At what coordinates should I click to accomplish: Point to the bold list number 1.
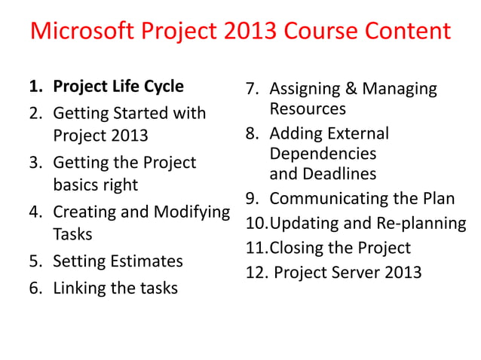tap(35, 87)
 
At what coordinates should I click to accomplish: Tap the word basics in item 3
tap(79, 185)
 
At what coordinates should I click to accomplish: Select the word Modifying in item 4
tap(192, 212)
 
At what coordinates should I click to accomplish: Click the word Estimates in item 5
tap(145, 261)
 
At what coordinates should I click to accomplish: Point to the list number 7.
tap(253, 89)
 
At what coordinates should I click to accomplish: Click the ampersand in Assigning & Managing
tap(351, 89)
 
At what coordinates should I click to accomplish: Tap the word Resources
tap(308, 109)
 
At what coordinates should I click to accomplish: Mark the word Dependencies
tap(323, 154)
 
